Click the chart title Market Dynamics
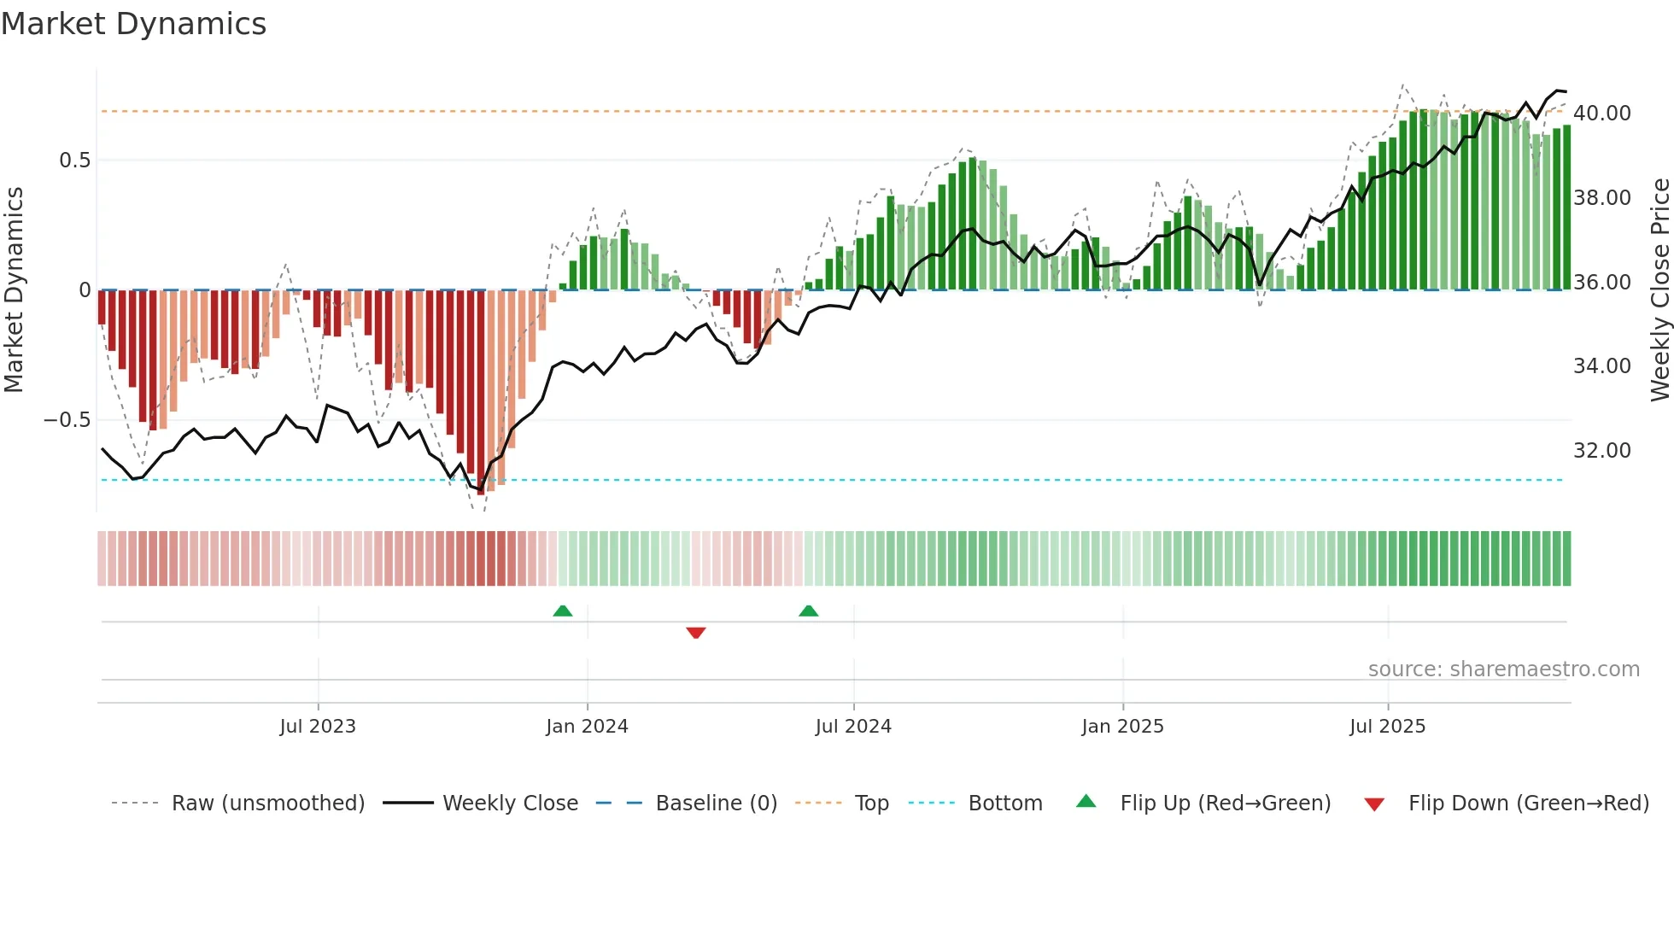tap(133, 24)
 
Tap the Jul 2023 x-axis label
tap(318, 727)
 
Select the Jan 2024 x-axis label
tap(587, 727)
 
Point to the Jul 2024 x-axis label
tap(853, 727)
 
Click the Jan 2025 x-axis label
tap(1122, 727)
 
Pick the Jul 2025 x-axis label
tap(1387, 727)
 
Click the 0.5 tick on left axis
tap(74, 161)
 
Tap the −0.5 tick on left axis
tap(67, 420)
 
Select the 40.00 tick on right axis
tap(1601, 114)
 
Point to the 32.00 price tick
tap(1601, 451)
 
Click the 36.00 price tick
tap(1601, 283)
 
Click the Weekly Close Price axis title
tap(1659, 290)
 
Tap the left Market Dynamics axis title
tap(14, 290)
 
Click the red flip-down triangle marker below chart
tap(695, 633)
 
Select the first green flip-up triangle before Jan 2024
tap(562, 611)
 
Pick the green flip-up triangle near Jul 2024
tap(808, 611)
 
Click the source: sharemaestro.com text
tap(1503, 669)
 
